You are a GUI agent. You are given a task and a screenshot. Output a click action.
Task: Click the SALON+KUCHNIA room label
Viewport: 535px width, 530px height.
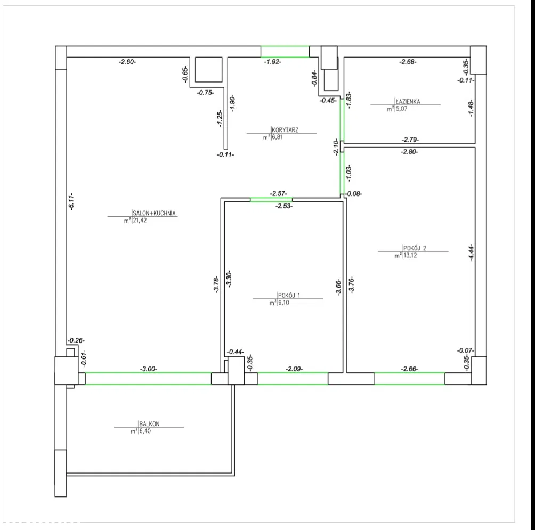154,213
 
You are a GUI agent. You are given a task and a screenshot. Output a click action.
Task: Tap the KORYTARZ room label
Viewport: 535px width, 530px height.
285,130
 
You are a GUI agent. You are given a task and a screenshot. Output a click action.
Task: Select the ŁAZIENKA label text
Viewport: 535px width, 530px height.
408,101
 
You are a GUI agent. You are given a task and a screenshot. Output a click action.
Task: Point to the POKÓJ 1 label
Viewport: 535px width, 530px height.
289,295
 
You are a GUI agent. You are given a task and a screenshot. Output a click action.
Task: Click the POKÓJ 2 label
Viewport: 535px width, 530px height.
415,248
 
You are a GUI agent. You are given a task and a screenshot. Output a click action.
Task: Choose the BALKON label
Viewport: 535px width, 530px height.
149,423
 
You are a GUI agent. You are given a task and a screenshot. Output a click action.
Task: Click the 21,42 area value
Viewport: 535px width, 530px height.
140,221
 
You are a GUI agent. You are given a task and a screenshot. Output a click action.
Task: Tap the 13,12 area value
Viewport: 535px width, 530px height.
410,256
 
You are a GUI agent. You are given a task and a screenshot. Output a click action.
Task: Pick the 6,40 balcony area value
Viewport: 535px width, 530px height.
144,431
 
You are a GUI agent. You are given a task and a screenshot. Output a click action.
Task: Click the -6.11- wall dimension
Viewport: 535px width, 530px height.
71,201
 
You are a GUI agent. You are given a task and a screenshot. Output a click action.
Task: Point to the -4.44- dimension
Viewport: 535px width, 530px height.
471,252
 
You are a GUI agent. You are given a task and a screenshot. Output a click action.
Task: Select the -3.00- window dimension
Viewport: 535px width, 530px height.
149,369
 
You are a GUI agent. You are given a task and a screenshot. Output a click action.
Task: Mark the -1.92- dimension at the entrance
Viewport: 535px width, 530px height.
273,62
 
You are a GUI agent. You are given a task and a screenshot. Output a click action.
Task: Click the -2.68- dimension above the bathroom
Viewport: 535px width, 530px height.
408,62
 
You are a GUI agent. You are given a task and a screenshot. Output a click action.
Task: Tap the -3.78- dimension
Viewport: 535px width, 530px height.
216,284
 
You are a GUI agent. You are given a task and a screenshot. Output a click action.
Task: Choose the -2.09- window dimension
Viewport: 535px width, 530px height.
294,369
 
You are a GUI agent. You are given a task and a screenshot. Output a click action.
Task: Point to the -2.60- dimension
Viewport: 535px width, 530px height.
127,62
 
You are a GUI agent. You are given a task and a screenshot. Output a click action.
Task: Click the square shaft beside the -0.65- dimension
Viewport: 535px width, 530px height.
208,70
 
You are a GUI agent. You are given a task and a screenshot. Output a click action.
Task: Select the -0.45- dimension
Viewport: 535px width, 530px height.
328,100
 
